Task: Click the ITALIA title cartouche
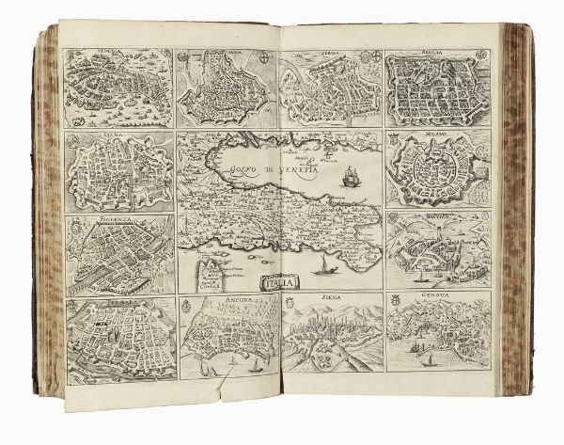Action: [x=278, y=281]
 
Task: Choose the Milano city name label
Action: [x=438, y=137]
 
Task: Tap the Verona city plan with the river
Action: [x=329, y=89]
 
